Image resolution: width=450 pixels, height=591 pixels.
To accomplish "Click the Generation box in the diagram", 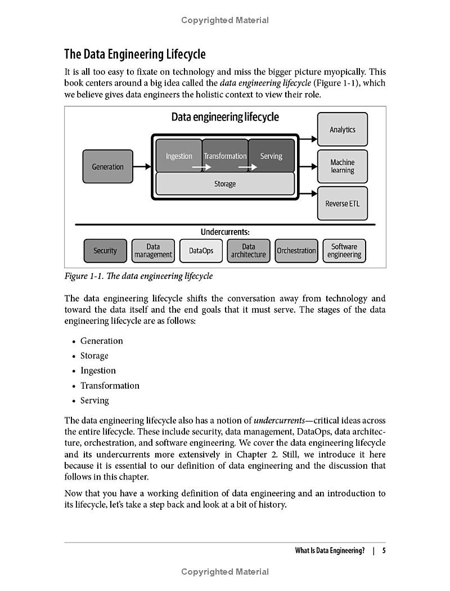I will (107, 166).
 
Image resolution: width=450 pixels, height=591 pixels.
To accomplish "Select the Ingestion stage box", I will (179, 155).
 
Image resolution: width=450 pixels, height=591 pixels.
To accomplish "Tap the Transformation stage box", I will (225, 155).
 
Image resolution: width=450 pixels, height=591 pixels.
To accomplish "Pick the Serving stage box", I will (271, 155).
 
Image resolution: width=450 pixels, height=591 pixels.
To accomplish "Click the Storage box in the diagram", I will (225, 184).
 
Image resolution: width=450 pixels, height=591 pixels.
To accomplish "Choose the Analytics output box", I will (343, 130).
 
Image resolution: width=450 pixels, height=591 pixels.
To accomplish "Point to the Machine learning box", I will (343, 166).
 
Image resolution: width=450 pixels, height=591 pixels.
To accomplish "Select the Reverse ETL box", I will (343, 203).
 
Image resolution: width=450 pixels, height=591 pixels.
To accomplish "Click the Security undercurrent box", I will (105, 251).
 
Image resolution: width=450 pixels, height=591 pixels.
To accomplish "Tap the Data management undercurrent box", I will (153, 251).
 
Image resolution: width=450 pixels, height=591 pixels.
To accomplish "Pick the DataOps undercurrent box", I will (201, 251).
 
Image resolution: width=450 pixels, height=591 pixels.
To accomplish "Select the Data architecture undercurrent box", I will (249, 251).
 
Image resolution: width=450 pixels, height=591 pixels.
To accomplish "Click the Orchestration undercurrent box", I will (296, 251).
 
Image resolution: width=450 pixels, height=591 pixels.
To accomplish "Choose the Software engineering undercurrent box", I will (344, 251).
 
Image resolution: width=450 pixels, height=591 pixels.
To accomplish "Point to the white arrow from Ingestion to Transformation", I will (201, 167).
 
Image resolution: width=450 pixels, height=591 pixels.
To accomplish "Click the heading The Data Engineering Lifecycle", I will (135, 55).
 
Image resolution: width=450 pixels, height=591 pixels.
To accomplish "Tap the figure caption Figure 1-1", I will (138, 276).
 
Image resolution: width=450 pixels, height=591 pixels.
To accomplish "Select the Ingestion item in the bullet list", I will (98, 371).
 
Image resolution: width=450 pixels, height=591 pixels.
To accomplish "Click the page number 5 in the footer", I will (384, 550).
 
